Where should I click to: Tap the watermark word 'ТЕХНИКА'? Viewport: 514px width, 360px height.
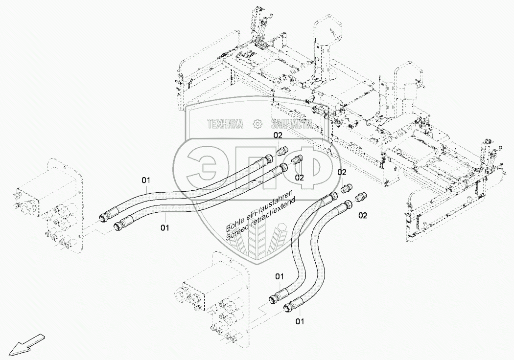(x=226, y=124)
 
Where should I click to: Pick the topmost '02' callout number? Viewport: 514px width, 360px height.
(x=278, y=135)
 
